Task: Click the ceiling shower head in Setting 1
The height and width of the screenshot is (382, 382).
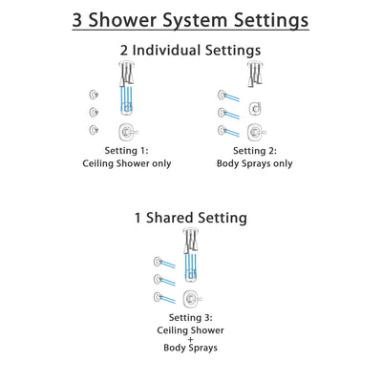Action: point(124,68)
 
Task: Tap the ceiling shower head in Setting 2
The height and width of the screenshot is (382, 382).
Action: point(256,68)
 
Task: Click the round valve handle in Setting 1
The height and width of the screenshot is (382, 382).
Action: point(125,132)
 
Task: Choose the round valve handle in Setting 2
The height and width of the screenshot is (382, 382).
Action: point(256,132)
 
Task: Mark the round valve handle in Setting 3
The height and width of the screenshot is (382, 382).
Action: point(195,298)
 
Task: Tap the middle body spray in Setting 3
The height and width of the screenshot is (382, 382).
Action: point(159,279)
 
